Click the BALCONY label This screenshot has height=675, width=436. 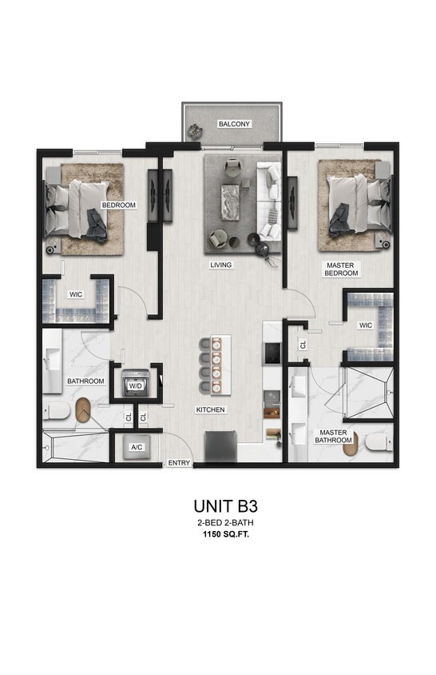coord(235,124)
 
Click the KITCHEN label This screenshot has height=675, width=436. coord(210,409)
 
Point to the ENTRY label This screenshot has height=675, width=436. coord(178,463)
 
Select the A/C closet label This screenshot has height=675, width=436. coord(136,448)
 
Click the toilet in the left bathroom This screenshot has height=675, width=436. coord(57,413)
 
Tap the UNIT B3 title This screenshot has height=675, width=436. coord(224,505)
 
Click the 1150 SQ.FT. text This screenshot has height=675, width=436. coord(224,536)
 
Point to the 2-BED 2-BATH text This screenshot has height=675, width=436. coord(224,522)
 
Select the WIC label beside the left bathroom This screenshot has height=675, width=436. coord(76,294)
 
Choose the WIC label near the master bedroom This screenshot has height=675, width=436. coord(366,325)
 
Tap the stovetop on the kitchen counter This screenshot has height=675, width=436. coord(272,352)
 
